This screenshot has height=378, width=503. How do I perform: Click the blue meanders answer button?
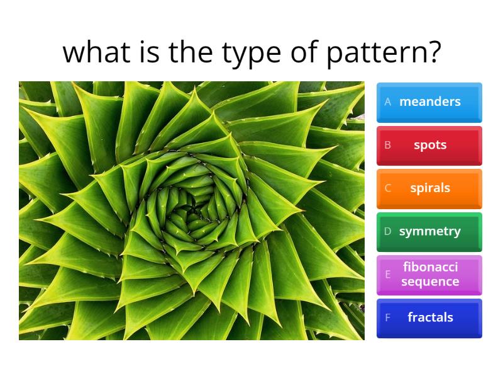[429, 102]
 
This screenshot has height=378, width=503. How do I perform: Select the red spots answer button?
[429, 146]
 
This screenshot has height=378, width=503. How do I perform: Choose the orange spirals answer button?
[429, 188]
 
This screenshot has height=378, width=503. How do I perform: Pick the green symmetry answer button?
[429, 232]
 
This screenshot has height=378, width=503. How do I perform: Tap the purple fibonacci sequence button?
[429, 275]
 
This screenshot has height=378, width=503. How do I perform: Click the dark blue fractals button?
[429, 318]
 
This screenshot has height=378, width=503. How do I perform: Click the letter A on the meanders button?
[388, 102]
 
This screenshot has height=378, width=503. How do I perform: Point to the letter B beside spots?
[388, 146]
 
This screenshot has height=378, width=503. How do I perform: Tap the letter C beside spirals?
[388, 188]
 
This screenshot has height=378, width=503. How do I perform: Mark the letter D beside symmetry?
[388, 232]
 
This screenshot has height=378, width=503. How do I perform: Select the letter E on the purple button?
[388, 275]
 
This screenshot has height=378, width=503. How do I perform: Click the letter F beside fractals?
[388, 318]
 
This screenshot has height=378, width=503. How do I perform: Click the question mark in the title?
[433, 52]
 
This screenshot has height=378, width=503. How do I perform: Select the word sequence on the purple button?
[430, 282]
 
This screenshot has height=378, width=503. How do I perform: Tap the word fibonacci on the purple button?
[430, 267]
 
